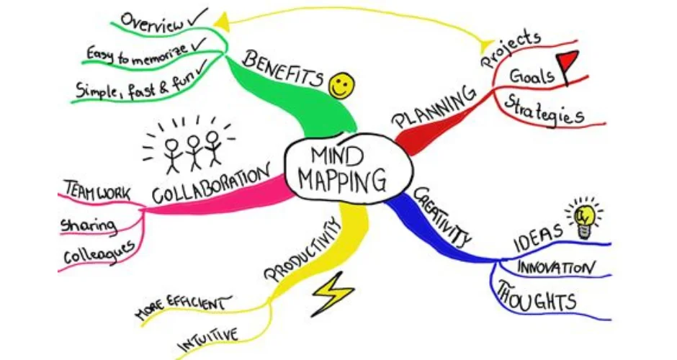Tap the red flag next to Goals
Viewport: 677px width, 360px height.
click(x=570, y=63)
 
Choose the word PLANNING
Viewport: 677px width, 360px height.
click(x=435, y=108)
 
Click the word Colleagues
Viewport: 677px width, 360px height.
click(x=99, y=253)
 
